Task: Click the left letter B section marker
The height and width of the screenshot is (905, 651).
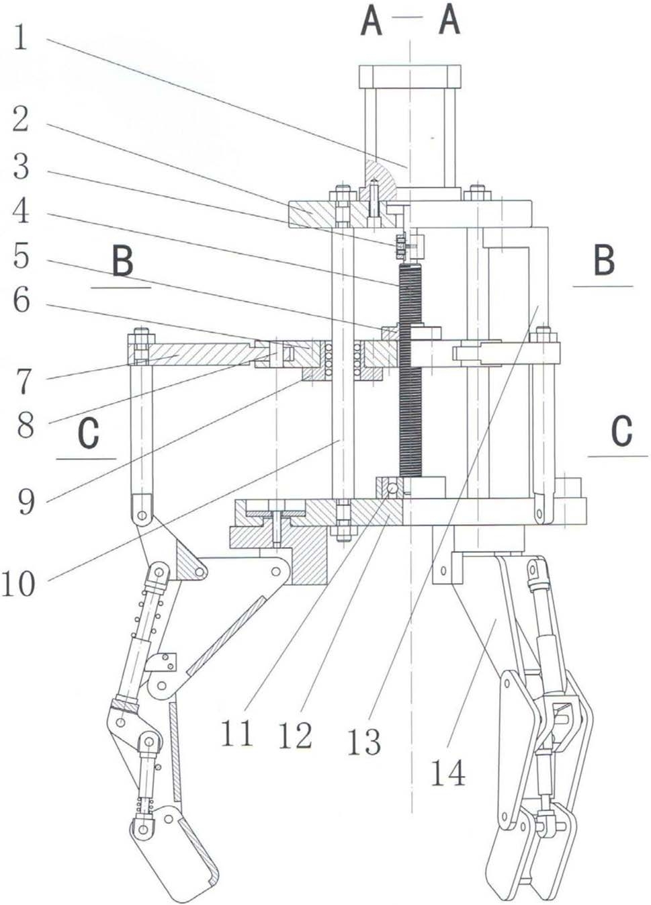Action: click(123, 262)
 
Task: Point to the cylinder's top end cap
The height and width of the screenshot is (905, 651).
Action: click(410, 77)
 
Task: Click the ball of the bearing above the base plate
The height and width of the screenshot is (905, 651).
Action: click(392, 488)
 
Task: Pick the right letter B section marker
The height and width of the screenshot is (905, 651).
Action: click(604, 260)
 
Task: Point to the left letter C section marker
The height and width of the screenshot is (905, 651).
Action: click(88, 434)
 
